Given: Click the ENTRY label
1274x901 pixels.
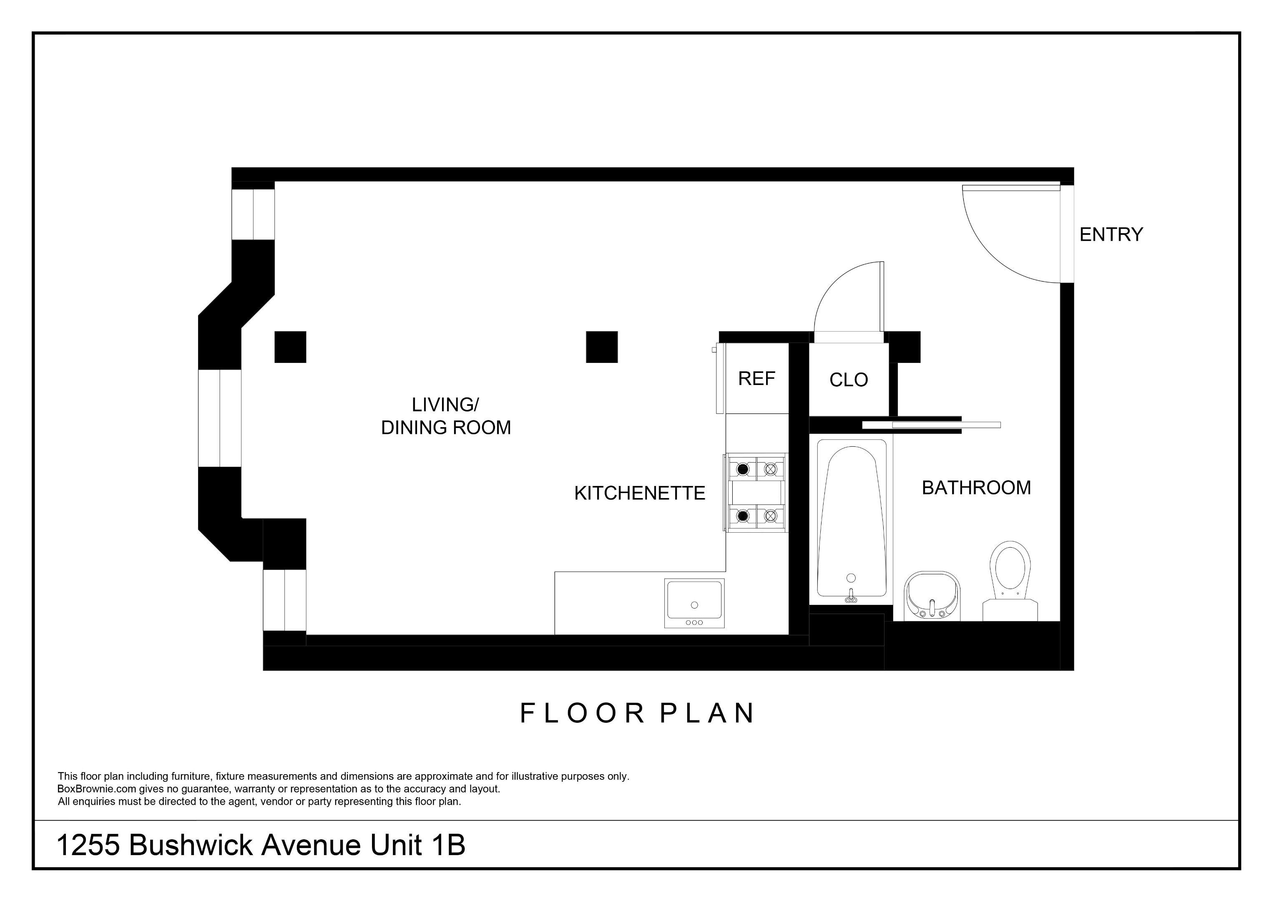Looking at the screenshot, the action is tap(1111, 234).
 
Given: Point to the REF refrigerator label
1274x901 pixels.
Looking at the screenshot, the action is tap(756, 379).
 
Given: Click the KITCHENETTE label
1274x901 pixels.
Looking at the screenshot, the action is tap(639, 493).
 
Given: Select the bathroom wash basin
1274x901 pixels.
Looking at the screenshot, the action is tap(932, 596).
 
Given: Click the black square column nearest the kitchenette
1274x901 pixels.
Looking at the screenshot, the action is tap(602, 347).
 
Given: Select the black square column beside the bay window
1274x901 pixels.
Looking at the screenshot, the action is tap(290, 347).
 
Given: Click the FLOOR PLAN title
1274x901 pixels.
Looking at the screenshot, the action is tap(637, 713).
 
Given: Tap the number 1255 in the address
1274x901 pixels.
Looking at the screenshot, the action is tap(88, 846).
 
